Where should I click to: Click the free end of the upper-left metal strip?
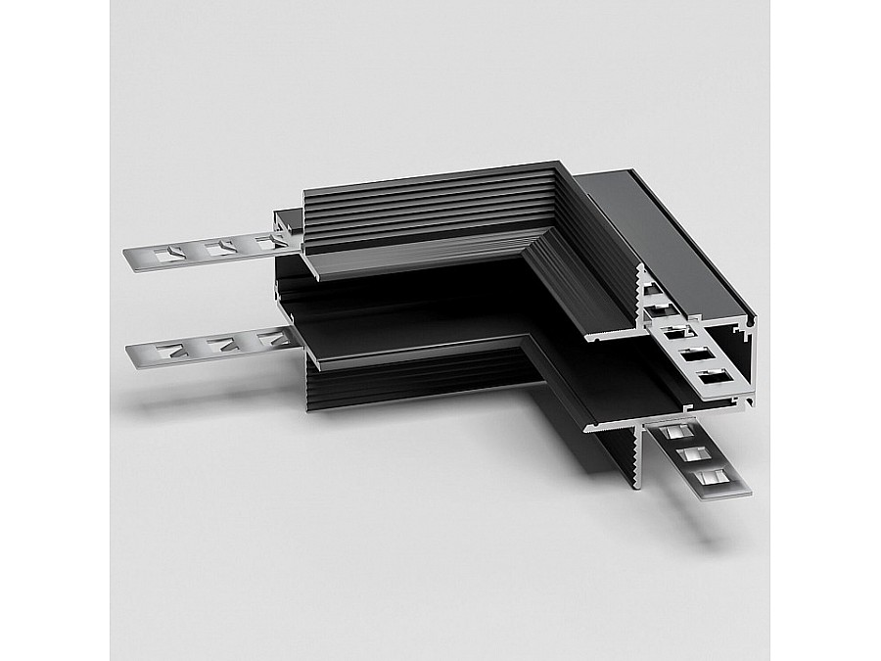130,260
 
